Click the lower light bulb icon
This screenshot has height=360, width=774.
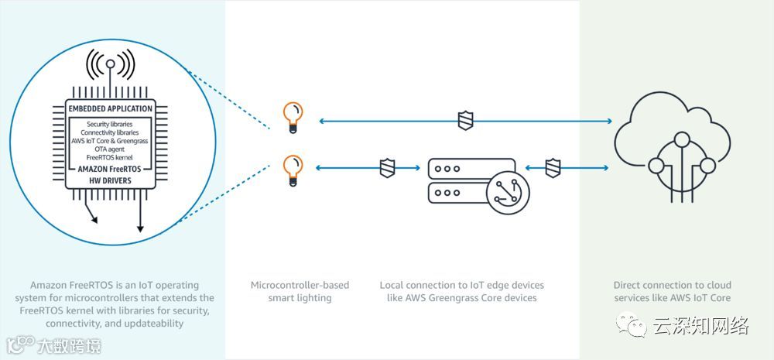pyautogui.click(x=292, y=169)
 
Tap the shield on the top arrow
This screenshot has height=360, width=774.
pyautogui.click(x=464, y=121)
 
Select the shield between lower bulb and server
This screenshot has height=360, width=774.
pyautogui.click(x=388, y=168)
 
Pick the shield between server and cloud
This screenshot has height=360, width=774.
pyautogui.click(x=552, y=168)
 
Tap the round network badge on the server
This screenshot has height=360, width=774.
pyautogui.click(x=508, y=190)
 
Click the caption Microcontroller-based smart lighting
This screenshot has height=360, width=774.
pyautogui.click(x=300, y=291)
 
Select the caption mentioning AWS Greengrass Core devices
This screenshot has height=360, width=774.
pyautogui.click(x=462, y=291)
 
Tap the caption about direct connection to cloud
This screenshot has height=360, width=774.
pyautogui.click(x=672, y=291)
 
